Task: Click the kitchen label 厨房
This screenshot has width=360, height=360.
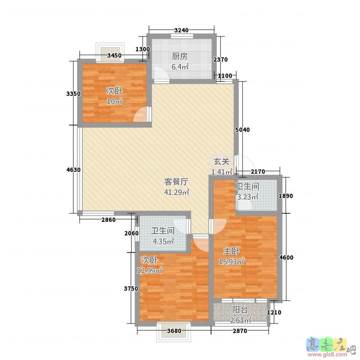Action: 180,57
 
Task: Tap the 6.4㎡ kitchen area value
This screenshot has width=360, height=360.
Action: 180,67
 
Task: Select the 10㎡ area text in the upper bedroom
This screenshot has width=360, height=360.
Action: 114,101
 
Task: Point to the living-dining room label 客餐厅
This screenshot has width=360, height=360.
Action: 176,182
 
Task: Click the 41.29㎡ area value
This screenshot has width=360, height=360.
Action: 176,192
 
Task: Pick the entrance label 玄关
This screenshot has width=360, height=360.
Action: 221,161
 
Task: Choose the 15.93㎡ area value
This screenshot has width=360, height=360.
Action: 231,261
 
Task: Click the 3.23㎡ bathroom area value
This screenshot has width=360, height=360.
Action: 247,197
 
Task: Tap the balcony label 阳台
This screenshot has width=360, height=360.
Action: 240,310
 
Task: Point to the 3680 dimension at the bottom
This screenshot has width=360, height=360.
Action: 174,332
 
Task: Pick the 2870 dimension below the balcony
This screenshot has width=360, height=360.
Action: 240,332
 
